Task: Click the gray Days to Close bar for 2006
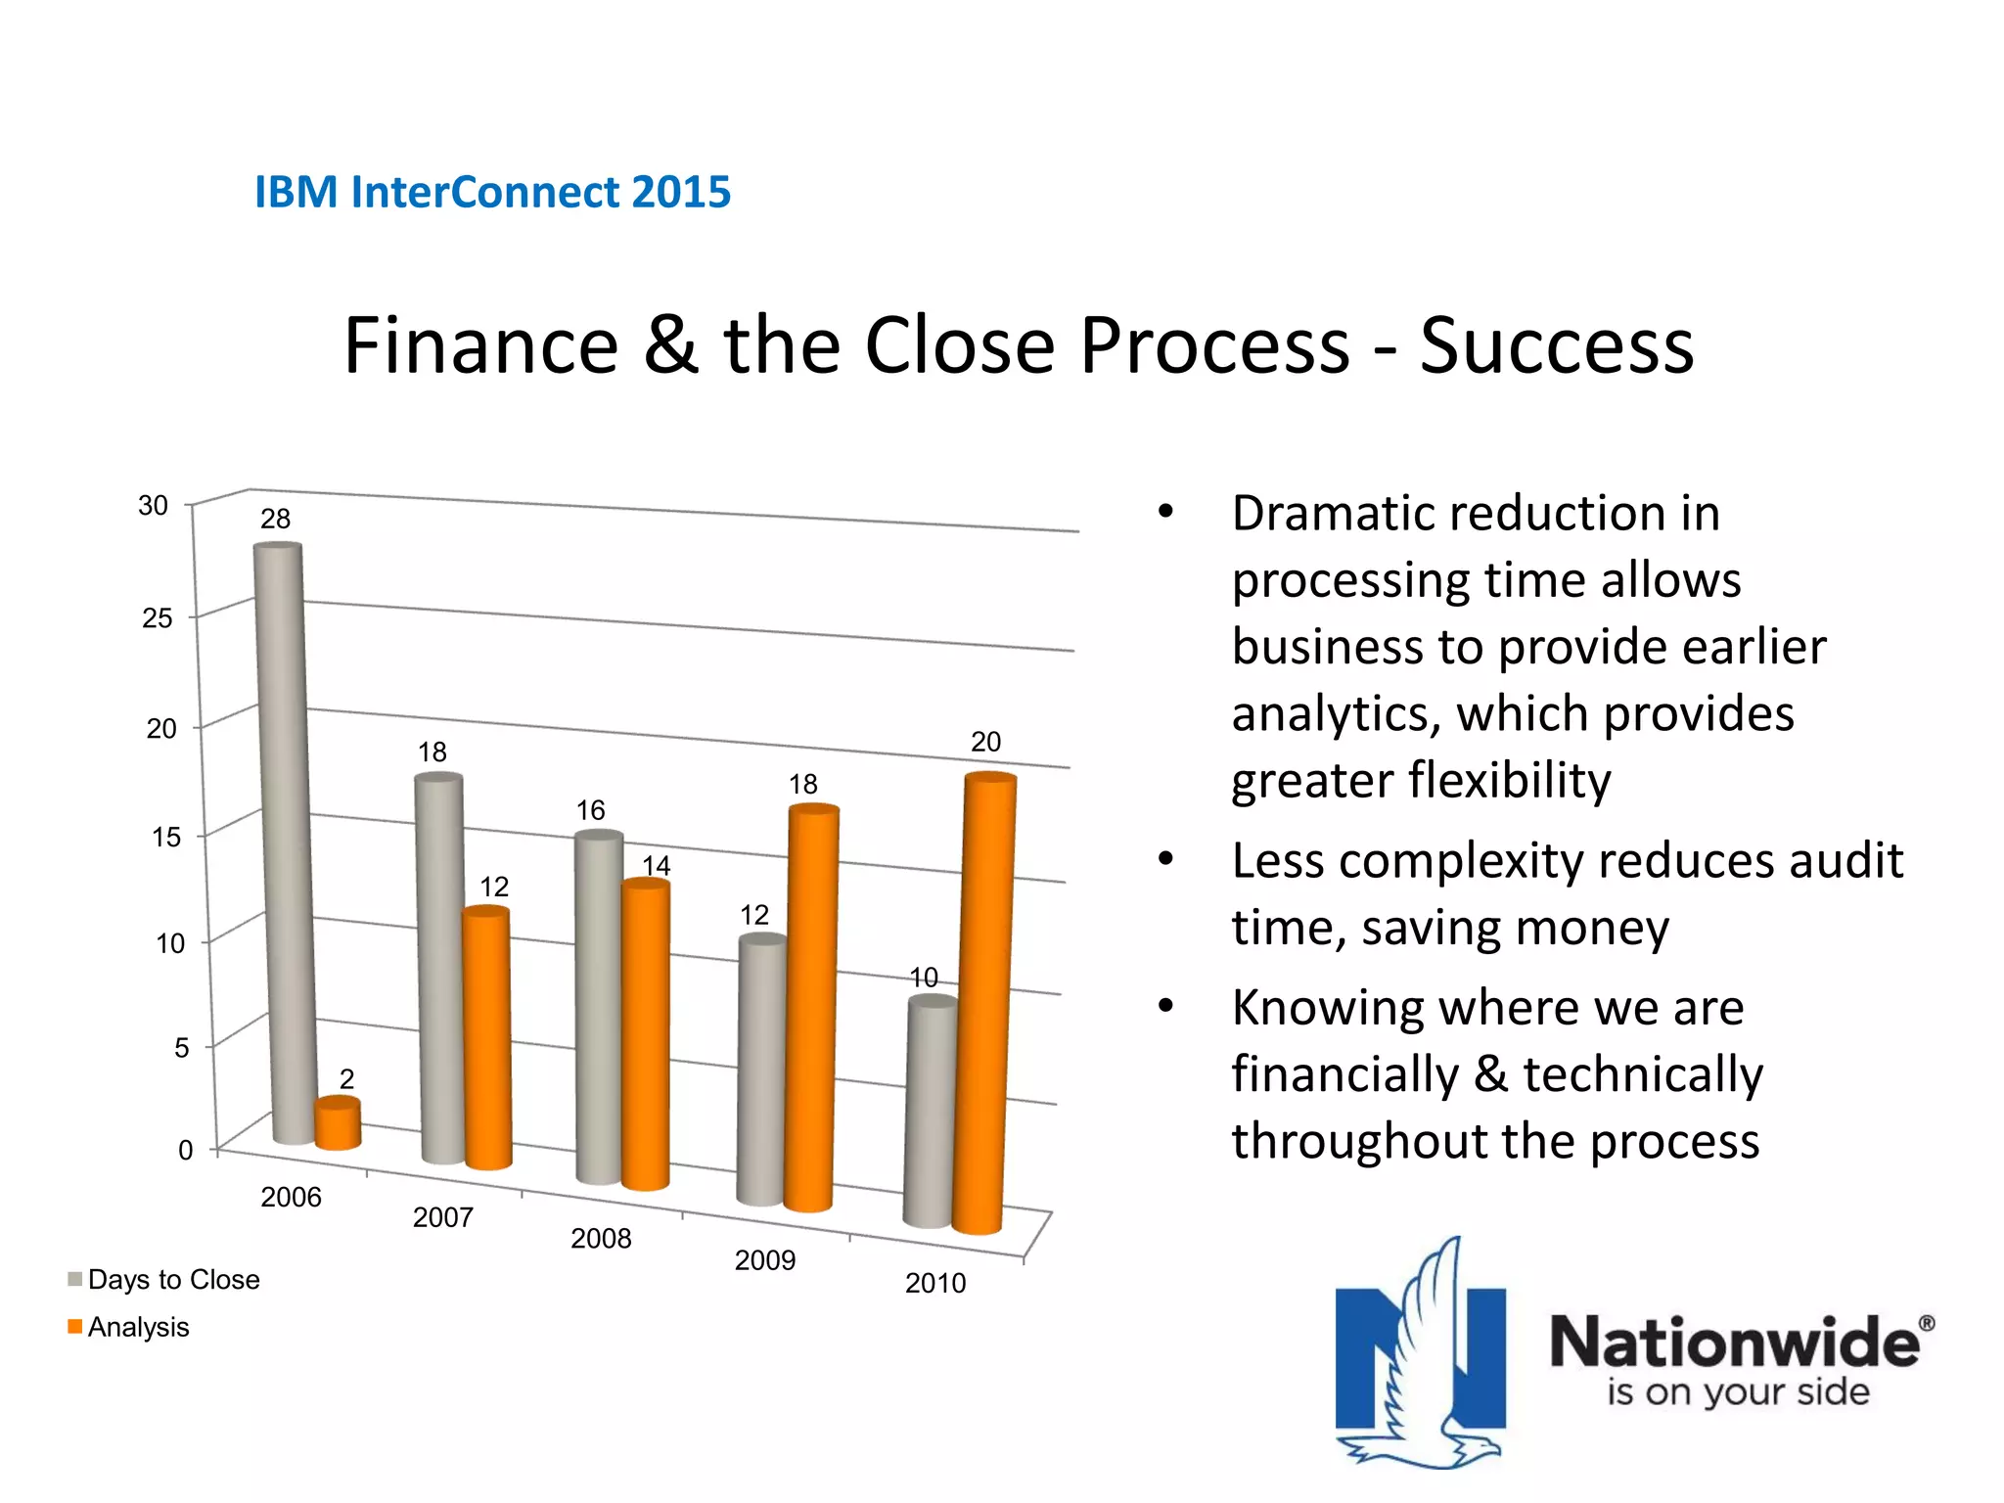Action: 284,842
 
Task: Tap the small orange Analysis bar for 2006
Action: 338,1123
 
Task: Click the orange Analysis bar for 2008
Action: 646,1032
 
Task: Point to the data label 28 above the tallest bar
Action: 275,519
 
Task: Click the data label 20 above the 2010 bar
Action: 985,742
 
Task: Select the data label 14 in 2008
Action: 656,865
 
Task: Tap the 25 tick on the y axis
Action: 157,618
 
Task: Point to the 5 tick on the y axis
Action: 181,1048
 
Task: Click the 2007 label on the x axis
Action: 442,1217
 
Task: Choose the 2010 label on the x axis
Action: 934,1283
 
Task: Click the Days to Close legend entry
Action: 173,1279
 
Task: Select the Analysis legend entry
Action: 138,1327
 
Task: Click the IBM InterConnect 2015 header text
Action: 492,192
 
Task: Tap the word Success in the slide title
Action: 1556,346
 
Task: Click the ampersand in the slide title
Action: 670,346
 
